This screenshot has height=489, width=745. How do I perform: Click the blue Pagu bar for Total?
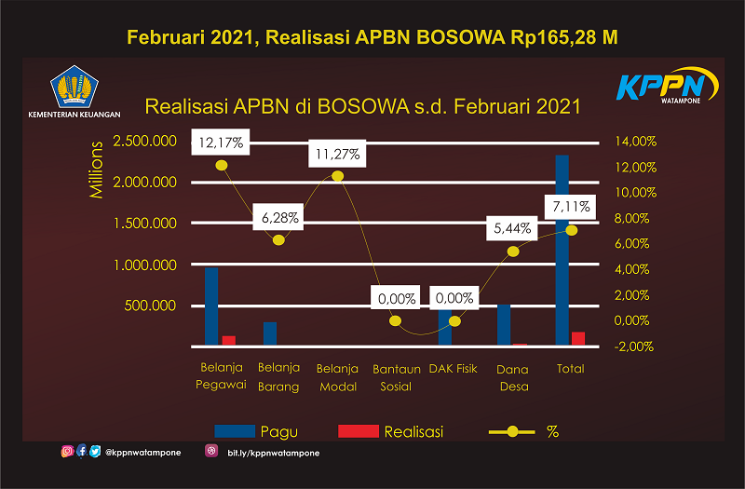pos(562,250)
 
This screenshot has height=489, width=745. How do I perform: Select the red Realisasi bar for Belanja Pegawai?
pos(229,340)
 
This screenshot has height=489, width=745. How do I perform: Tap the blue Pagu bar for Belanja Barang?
pos(270,333)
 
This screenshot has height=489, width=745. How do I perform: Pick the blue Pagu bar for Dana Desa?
pos(504,324)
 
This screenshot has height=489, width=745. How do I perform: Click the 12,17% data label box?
pos(221,142)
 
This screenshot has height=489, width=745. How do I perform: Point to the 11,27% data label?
pos(337,154)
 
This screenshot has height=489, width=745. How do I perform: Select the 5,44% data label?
pos(511,228)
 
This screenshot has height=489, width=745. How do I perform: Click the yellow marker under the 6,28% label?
pos(278,240)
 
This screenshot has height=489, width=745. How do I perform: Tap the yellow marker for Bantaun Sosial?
pos(395,320)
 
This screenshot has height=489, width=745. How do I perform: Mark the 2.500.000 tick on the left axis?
pos(144,142)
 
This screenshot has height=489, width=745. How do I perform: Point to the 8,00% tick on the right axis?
pos(631,218)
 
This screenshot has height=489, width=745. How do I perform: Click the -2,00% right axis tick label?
pos(633,346)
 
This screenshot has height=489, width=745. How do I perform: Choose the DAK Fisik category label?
pos(453,369)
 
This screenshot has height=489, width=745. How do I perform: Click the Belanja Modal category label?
pos(337,378)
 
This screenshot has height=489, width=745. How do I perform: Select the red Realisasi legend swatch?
pos(359,431)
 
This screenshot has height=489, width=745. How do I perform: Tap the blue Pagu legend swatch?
pos(235,431)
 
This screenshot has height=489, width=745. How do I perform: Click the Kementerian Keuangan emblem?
pos(74,87)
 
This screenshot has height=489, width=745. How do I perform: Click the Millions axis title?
pos(96,170)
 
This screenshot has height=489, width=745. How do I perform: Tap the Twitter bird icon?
pos(95,451)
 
